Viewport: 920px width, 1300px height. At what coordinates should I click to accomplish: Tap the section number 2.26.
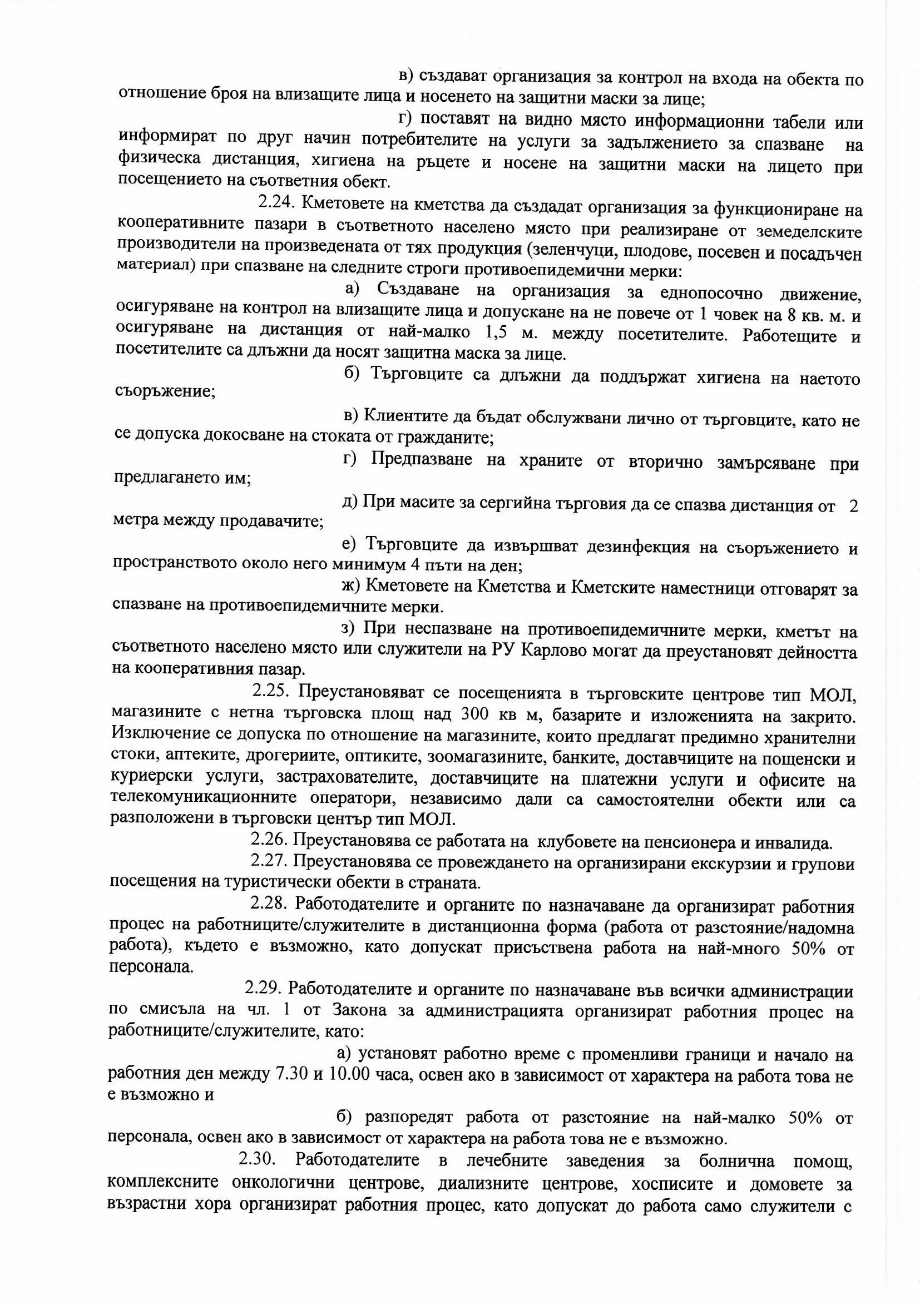268,843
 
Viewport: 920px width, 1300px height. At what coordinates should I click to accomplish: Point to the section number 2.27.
268,864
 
